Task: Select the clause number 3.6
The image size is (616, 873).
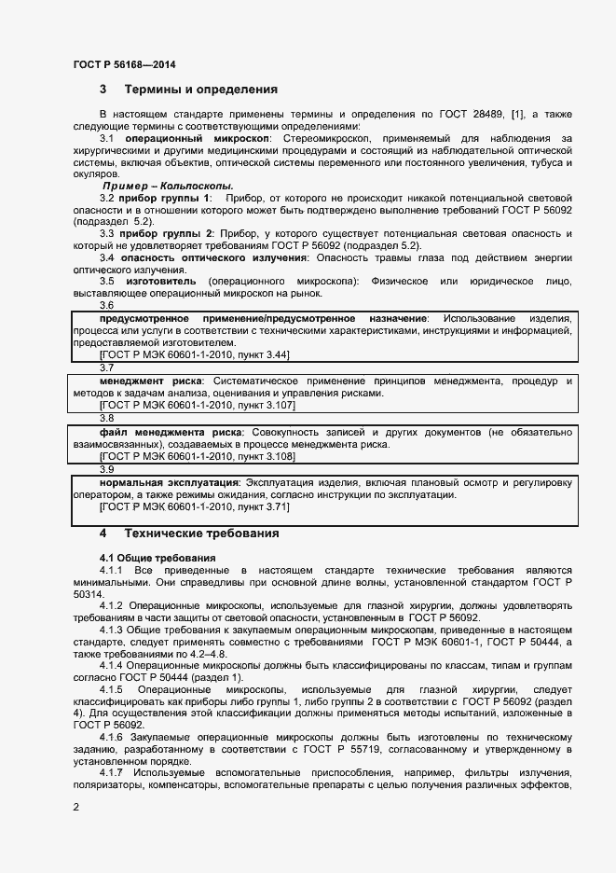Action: click(106, 305)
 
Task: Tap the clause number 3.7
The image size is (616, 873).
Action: click(106, 368)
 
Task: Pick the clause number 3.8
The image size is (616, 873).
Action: click(106, 419)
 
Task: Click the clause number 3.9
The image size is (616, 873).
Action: click(106, 469)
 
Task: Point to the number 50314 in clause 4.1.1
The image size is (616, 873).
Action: click(89, 593)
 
